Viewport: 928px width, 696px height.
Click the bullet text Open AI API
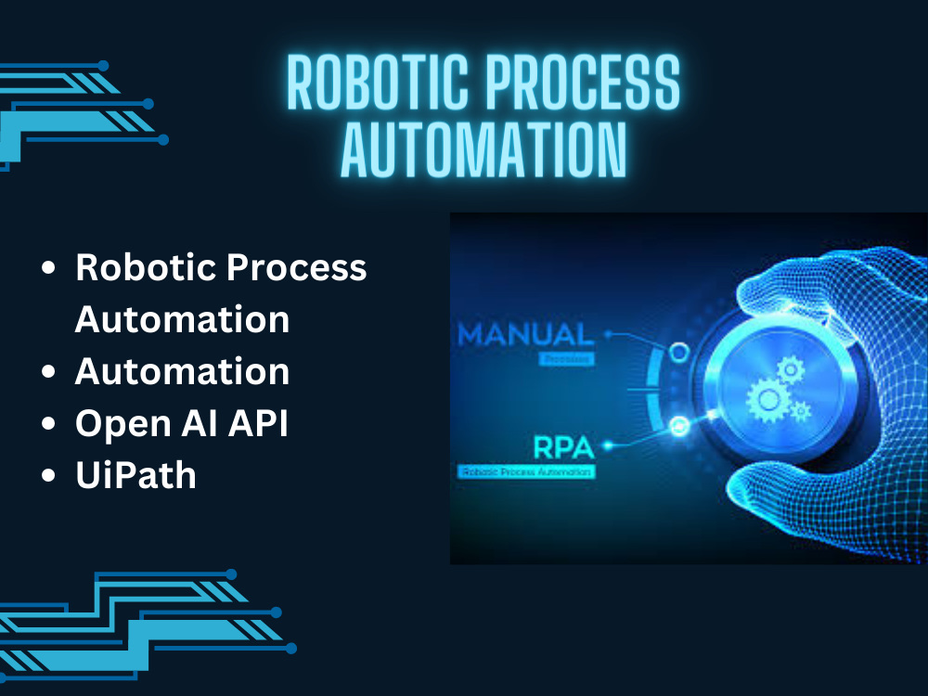pyautogui.click(x=182, y=423)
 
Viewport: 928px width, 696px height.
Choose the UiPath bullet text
pyautogui.click(x=135, y=475)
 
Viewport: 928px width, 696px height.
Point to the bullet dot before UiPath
pyautogui.click(x=49, y=476)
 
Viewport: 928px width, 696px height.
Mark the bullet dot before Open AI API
pyautogui.click(x=49, y=424)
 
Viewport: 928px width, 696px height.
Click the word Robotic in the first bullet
pyautogui.click(x=143, y=268)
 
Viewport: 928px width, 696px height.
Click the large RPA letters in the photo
pyautogui.click(x=561, y=447)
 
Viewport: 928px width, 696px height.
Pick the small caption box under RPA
pyautogui.click(x=526, y=472)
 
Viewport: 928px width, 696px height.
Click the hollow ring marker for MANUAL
pyautogui.click(x=679, y=352)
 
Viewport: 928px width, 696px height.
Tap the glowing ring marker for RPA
pyautogui.click(x=678, y=426)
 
